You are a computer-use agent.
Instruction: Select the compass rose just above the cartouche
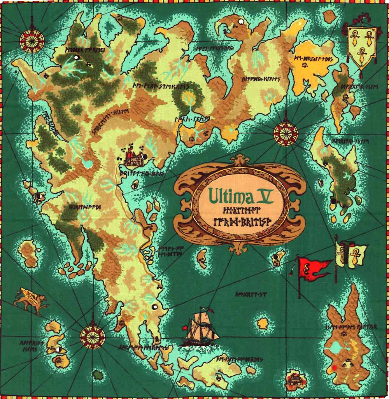coord(286,133)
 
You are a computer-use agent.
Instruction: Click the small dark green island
coord(98,375)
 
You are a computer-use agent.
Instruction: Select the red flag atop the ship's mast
coord(185,328)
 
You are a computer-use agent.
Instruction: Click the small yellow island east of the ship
coord(263,323)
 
